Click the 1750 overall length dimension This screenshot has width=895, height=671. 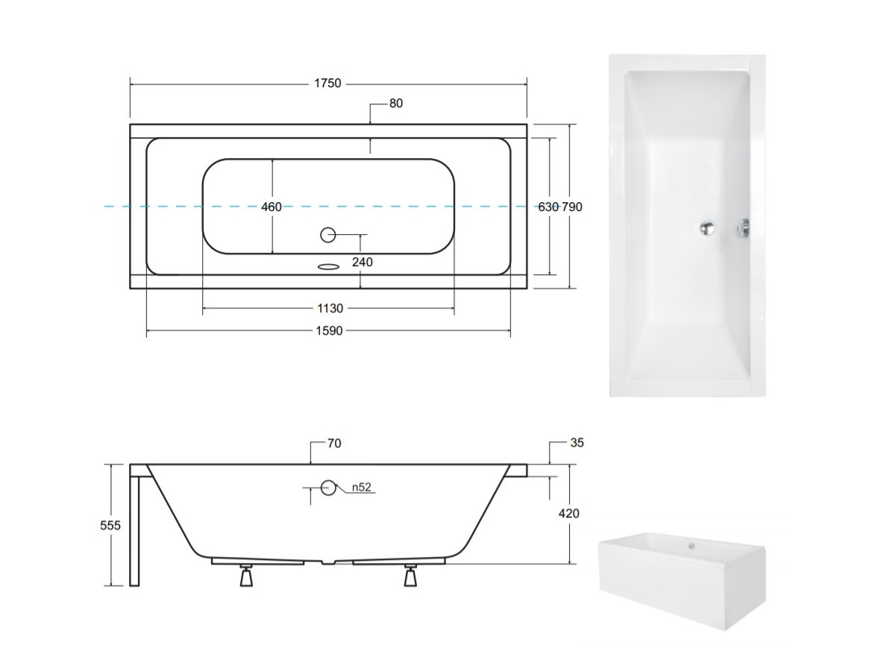(327, 83)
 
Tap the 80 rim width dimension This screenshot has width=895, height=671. (396, 104)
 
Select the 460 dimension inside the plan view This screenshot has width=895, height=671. (271, 207)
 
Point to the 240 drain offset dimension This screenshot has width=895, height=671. (362, 262)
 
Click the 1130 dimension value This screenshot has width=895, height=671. (330, 309)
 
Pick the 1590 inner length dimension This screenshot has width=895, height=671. (330, 331)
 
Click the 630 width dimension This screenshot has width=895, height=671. (548, 207)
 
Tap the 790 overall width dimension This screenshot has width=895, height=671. (572, 207)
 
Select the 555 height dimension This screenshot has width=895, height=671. (110, 526)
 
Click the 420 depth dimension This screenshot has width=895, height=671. (569, 514)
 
